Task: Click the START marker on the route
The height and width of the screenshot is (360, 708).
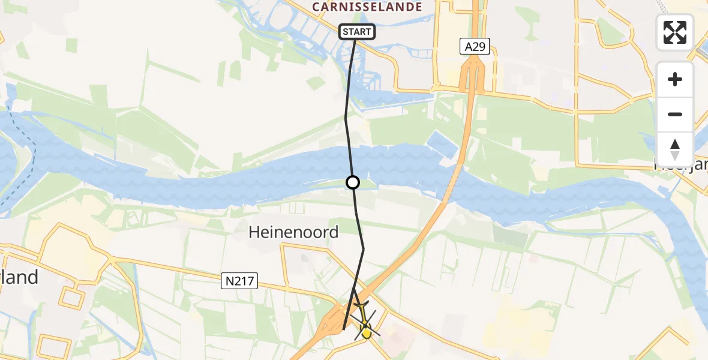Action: tap(357, 32)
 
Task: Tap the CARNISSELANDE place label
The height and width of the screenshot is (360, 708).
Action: tap(367, 7)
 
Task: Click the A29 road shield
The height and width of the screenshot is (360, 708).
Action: tap(475, 46)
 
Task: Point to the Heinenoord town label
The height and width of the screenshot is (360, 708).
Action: tap(293, 232)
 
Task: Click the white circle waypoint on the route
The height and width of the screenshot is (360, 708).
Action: tap(353, 182)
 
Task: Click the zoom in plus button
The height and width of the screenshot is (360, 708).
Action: tap(675, 80)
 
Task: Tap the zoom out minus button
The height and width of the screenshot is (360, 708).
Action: tap(675, 114)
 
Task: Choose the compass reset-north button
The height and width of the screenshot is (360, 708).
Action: tap(675, 149)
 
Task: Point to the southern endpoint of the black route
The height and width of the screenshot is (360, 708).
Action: tap(343, 329)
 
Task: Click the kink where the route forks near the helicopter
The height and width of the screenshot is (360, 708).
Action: tap(353, 289)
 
